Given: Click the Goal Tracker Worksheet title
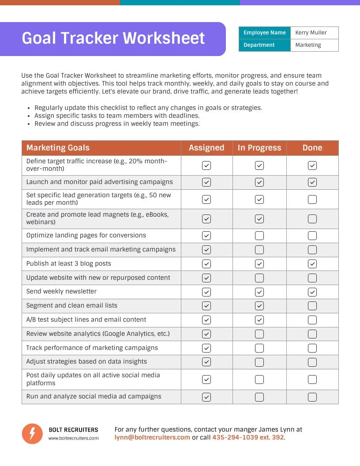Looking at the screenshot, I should [113, 38].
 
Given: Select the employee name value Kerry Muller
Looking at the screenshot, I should [311, 33].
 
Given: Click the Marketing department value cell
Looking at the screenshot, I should [308, 45].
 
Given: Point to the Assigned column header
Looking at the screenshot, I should [206, 148].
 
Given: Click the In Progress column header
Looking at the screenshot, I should [259, 148].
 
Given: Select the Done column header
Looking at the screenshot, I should [312, 148].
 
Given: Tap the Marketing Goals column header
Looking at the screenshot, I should [58, 148].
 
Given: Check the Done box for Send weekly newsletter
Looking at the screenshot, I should [312, 292].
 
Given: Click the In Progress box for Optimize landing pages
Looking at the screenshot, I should [259, 236].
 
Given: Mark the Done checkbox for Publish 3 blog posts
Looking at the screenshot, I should [312, 264].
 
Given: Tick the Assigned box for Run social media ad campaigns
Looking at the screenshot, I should [206, 397].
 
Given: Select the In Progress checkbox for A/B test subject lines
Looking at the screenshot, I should [259, 320].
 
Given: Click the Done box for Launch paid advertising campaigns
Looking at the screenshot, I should [312, 182].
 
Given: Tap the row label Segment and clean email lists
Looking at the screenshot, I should [71, 305].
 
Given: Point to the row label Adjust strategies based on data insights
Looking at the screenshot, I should [86, 361].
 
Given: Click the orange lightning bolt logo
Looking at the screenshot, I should [32, 433].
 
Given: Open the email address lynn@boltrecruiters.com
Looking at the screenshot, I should [152, 437].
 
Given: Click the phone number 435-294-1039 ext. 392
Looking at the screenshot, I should [248, 437].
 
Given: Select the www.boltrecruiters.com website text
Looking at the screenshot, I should [73, 438].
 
